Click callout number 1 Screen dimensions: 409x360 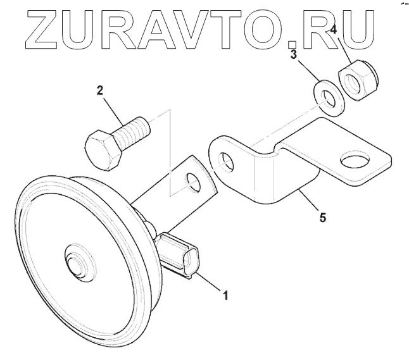(223, 295)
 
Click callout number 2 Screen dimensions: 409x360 (99, 90)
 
